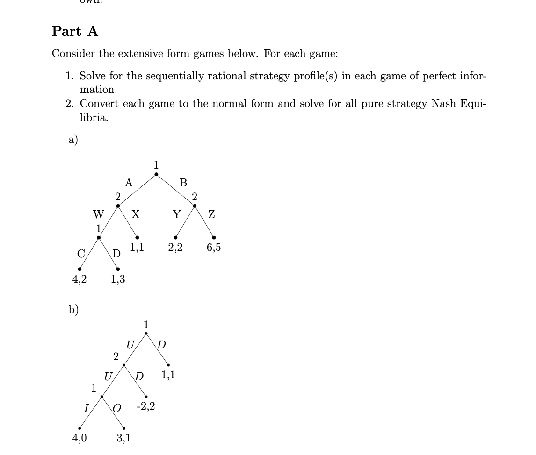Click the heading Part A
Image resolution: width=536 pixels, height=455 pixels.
[x=75, y=31]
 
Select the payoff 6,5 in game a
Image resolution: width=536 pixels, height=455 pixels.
[x=214, y=248]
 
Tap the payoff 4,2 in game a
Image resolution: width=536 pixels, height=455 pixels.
[x=79, y=279]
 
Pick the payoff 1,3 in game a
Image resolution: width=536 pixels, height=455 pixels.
[x=118, y=279]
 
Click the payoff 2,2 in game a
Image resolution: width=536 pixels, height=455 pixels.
[x=175, y=248]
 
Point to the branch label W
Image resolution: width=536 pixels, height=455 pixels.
[x=98, y=214]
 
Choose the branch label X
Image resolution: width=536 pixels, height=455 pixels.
[x=135, y=214]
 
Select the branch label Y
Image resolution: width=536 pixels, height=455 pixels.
[x=176, y=214]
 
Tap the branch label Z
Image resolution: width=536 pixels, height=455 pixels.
[x=211, y=214]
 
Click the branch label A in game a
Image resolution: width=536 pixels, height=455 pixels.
[x=129, y=182]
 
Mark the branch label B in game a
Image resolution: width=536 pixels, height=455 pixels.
[x=183, y=182]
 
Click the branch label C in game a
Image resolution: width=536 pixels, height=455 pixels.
[x=81, y=253]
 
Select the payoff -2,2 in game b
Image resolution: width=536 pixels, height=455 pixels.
[x=146, y=407]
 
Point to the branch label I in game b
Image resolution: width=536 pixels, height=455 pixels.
[x=85, y=408]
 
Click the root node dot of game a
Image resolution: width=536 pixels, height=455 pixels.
[x=156, y=175]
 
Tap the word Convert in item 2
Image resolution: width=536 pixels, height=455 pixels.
[x=96, y=104]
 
